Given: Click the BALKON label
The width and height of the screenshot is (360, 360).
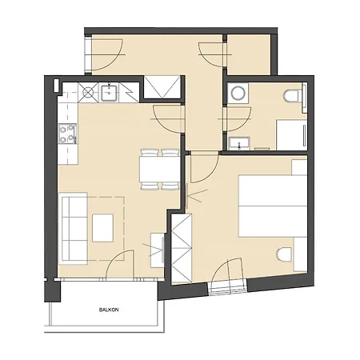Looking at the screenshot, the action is (109, 310).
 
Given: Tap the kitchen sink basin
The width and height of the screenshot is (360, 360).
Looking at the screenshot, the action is (109, 92).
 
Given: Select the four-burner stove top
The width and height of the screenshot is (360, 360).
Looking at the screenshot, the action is (68, 134).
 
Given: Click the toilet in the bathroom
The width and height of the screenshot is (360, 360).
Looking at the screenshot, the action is (293, 96).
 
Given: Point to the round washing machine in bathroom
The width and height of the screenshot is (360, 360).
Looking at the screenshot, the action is (238, 94).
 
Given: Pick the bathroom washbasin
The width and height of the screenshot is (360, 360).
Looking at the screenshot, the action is (239, 144).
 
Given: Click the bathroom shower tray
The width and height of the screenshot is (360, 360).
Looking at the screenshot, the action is (292, 135).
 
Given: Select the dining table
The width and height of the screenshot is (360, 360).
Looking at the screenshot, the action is (159, 169).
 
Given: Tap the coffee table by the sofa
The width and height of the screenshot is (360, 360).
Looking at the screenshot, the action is (102, 228).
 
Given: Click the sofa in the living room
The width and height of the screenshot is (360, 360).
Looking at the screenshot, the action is (73, 229).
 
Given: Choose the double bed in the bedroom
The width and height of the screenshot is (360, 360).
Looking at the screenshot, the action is (273, 206).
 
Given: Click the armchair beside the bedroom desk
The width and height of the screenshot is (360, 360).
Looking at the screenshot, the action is (283, 254).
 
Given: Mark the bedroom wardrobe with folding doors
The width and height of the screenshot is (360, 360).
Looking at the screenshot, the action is (182, 248).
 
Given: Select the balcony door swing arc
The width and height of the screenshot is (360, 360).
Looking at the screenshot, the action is (120, 264).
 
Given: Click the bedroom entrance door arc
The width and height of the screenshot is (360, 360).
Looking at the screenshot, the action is (205, 168).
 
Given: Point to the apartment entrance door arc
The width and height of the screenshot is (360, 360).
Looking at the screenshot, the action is (107, 54).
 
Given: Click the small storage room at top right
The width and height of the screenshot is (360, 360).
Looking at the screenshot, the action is (249, 54).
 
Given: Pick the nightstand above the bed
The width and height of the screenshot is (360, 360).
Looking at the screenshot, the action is (299, 167).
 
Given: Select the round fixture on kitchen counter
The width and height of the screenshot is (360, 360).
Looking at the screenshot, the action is (87, 92).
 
